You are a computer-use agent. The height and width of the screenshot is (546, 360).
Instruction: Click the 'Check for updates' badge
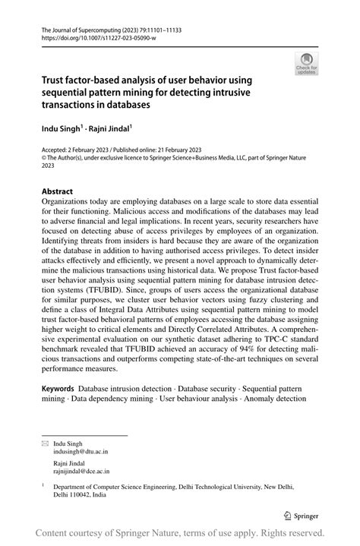[308, 64]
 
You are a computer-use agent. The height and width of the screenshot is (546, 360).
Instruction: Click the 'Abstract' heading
[57, 191]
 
